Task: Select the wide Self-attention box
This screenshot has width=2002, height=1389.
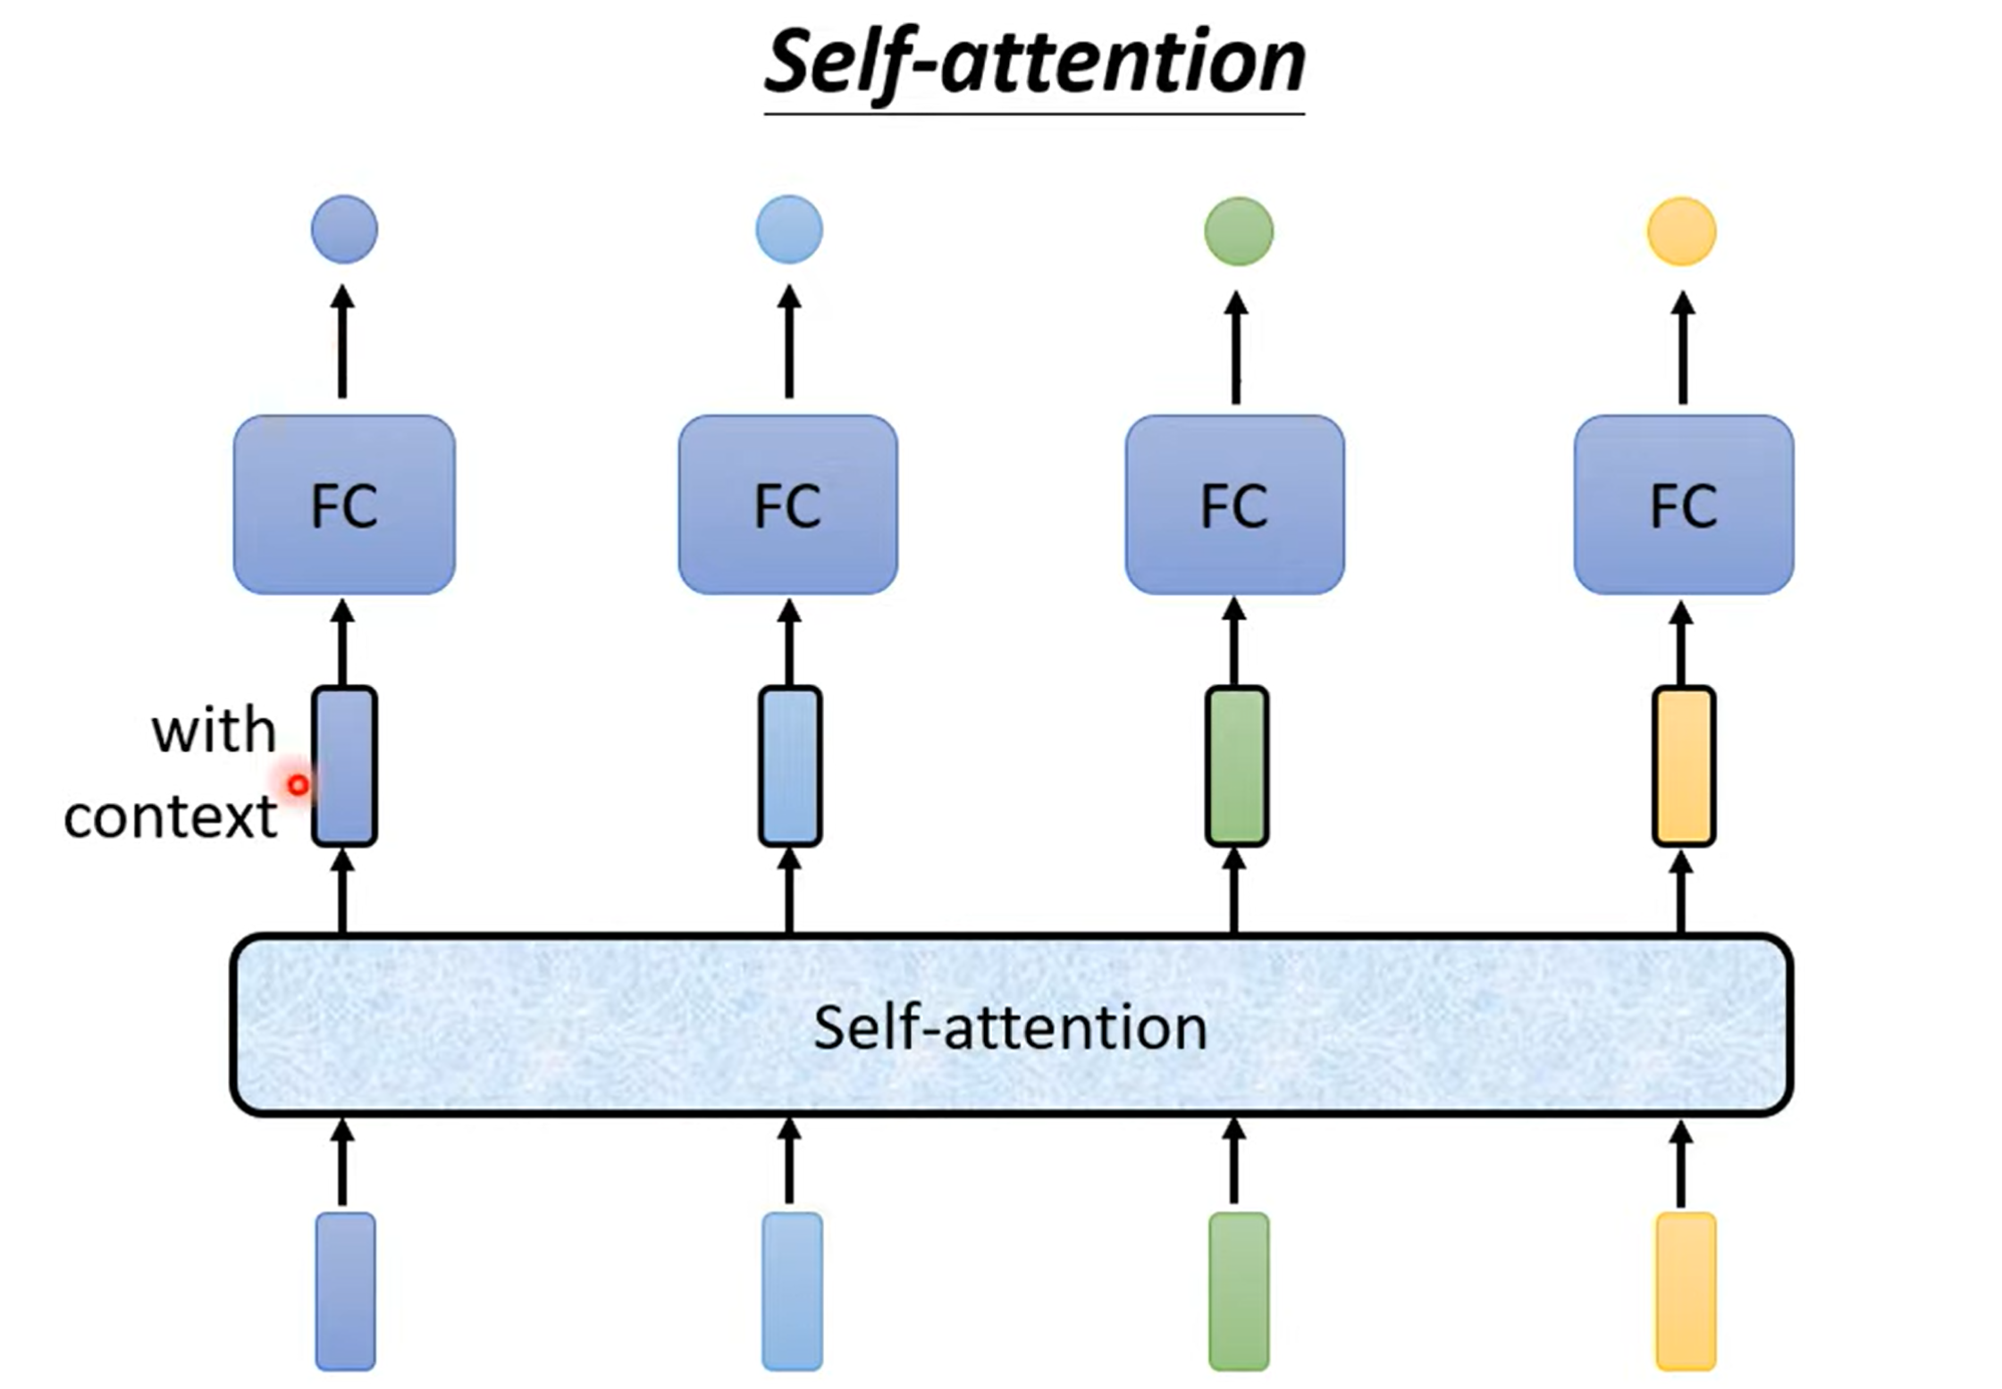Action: coord(1011,1025)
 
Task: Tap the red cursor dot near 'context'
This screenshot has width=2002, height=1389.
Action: coord(298,785)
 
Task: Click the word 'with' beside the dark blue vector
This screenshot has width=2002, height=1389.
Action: coord(214,732)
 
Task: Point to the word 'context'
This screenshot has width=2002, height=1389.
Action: coord(170,816)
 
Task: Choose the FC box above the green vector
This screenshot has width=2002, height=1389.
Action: coord(1234,505)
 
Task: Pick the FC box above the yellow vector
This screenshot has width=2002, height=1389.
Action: coord(1683,505)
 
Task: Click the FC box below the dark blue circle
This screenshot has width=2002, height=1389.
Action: coord(344,505)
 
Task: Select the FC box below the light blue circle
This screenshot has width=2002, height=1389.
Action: coord(787,505)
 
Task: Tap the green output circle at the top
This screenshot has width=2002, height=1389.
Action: coord(1239,231)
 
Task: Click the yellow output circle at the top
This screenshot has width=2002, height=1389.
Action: coord(1682,231)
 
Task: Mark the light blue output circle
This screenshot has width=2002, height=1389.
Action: coord(789,230)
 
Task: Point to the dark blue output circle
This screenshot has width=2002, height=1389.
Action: coord(344,230)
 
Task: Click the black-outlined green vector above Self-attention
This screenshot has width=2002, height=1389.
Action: coord(1237,766)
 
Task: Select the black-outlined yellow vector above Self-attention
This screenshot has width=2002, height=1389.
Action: coord(1684,766)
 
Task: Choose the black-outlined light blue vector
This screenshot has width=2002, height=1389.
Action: coord(790,766)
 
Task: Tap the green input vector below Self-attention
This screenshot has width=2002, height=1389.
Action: coord(1239,1291)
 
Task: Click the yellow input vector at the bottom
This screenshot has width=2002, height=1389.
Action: coord(1686,1291)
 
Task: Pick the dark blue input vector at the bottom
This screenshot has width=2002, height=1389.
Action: coord(345,1291)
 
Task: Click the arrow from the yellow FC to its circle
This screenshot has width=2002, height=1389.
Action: coord(1683,347)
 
